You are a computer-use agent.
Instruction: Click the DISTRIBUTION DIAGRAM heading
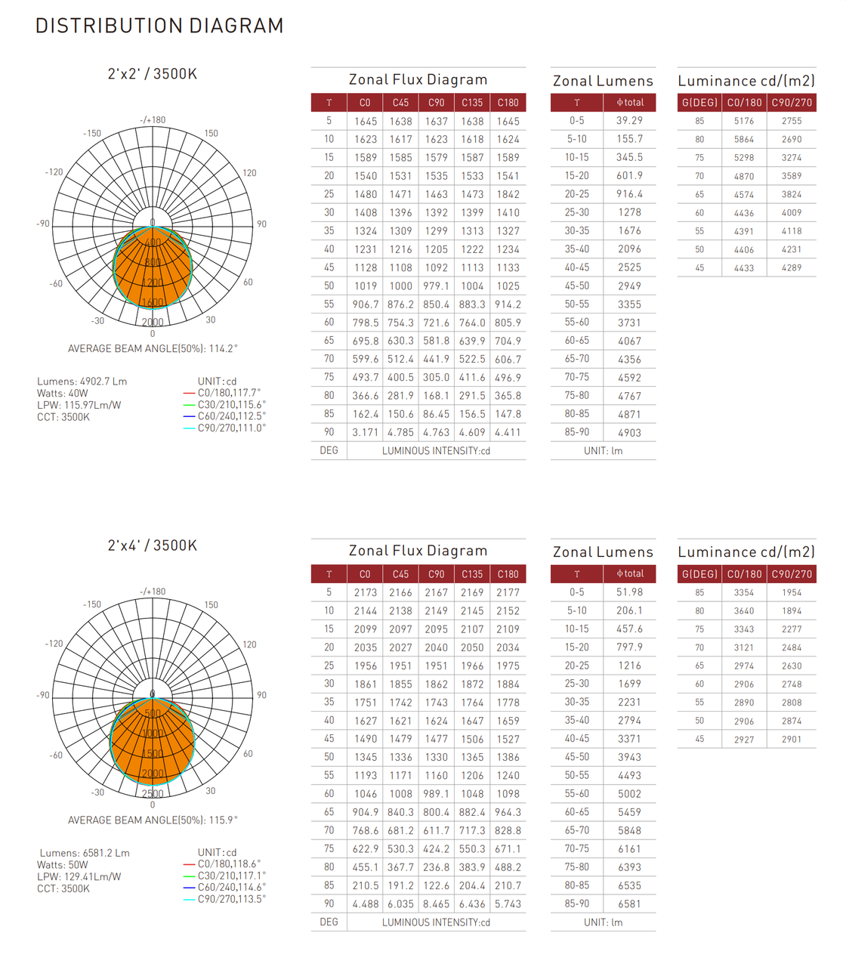click(x=159, y=26)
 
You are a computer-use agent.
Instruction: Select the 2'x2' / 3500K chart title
click(x=152, y=74)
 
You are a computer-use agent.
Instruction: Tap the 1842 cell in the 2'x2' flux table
click(x=508, y=194)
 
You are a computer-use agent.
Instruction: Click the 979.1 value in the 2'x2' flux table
click(x=436, y=286)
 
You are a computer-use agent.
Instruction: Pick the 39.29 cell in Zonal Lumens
click(x=629, y=121)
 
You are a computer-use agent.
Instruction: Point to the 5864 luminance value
click(x=743, y=140)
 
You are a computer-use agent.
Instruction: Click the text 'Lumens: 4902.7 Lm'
click(x=82, y=382)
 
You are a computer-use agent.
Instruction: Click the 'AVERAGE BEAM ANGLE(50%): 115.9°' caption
click(x=153, y=820)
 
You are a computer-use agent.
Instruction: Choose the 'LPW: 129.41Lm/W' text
click(x=79, y=877)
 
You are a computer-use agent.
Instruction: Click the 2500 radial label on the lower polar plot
click(x=153, y=793)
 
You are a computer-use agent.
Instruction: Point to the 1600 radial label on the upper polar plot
click(x=153, y=302)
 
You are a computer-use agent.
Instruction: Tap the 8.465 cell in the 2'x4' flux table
click(x=436, y=904)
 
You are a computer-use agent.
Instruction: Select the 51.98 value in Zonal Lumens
click(x=629, y=592)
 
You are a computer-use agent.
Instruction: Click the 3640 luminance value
click(x=743, y=610)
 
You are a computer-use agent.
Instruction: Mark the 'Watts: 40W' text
click(x=63, y=394)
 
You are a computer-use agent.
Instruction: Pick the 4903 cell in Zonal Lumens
click(x=629, y=432)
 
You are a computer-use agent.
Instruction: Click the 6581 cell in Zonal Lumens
click(x=629, y=904)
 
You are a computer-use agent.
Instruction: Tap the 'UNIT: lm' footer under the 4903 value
click(x=603, y=451)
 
